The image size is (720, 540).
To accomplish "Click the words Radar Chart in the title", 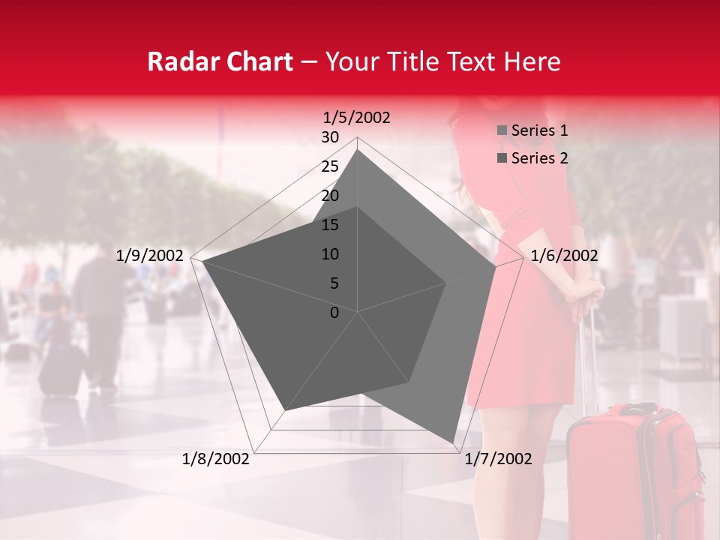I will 220,61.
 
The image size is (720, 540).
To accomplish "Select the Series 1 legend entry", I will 539,130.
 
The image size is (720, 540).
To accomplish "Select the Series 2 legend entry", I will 539,158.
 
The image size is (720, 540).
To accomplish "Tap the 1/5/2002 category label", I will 357,117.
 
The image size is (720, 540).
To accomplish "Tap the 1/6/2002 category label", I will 564,256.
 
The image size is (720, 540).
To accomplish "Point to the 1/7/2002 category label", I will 498,459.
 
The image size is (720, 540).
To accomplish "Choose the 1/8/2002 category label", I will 216,459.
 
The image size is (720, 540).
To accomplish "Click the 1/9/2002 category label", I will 150,256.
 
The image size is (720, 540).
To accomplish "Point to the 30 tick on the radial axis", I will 330,137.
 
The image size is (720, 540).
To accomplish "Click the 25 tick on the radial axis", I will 330,166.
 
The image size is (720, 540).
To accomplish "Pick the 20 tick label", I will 330,196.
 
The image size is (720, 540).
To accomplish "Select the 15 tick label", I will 330,225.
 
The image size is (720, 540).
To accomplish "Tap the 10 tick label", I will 330,254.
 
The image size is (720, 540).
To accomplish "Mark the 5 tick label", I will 334,283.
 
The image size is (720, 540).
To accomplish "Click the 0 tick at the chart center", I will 334,312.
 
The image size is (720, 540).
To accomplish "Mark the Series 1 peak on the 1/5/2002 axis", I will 358,150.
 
